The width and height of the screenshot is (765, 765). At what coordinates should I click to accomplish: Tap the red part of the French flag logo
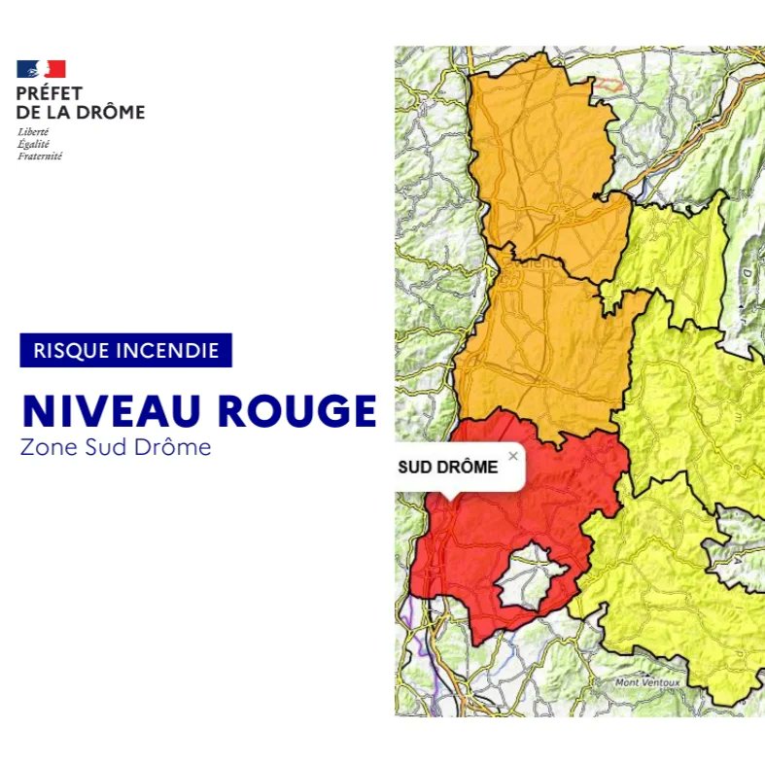(x=55, y=69)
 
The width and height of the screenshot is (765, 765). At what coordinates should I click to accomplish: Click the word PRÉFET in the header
(x=50, y=94)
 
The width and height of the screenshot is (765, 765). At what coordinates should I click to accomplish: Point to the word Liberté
(x=33, y=131)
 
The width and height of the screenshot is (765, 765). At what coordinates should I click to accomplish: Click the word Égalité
(x=33, y=144)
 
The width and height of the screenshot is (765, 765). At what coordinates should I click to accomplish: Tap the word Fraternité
(x=40, y=156)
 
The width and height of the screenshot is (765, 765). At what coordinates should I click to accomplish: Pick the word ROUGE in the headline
(x=297, y=412)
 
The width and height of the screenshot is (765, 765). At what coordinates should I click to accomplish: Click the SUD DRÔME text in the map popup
(x=448, y=468)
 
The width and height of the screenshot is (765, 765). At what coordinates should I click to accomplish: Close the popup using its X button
(x=513, y=455)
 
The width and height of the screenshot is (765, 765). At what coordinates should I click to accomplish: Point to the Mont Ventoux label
(x=647, y=683)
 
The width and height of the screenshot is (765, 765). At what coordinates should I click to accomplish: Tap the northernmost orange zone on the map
(x=539, y=146)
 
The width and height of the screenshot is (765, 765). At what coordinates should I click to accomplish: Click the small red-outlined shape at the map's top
(x=609, y=85)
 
